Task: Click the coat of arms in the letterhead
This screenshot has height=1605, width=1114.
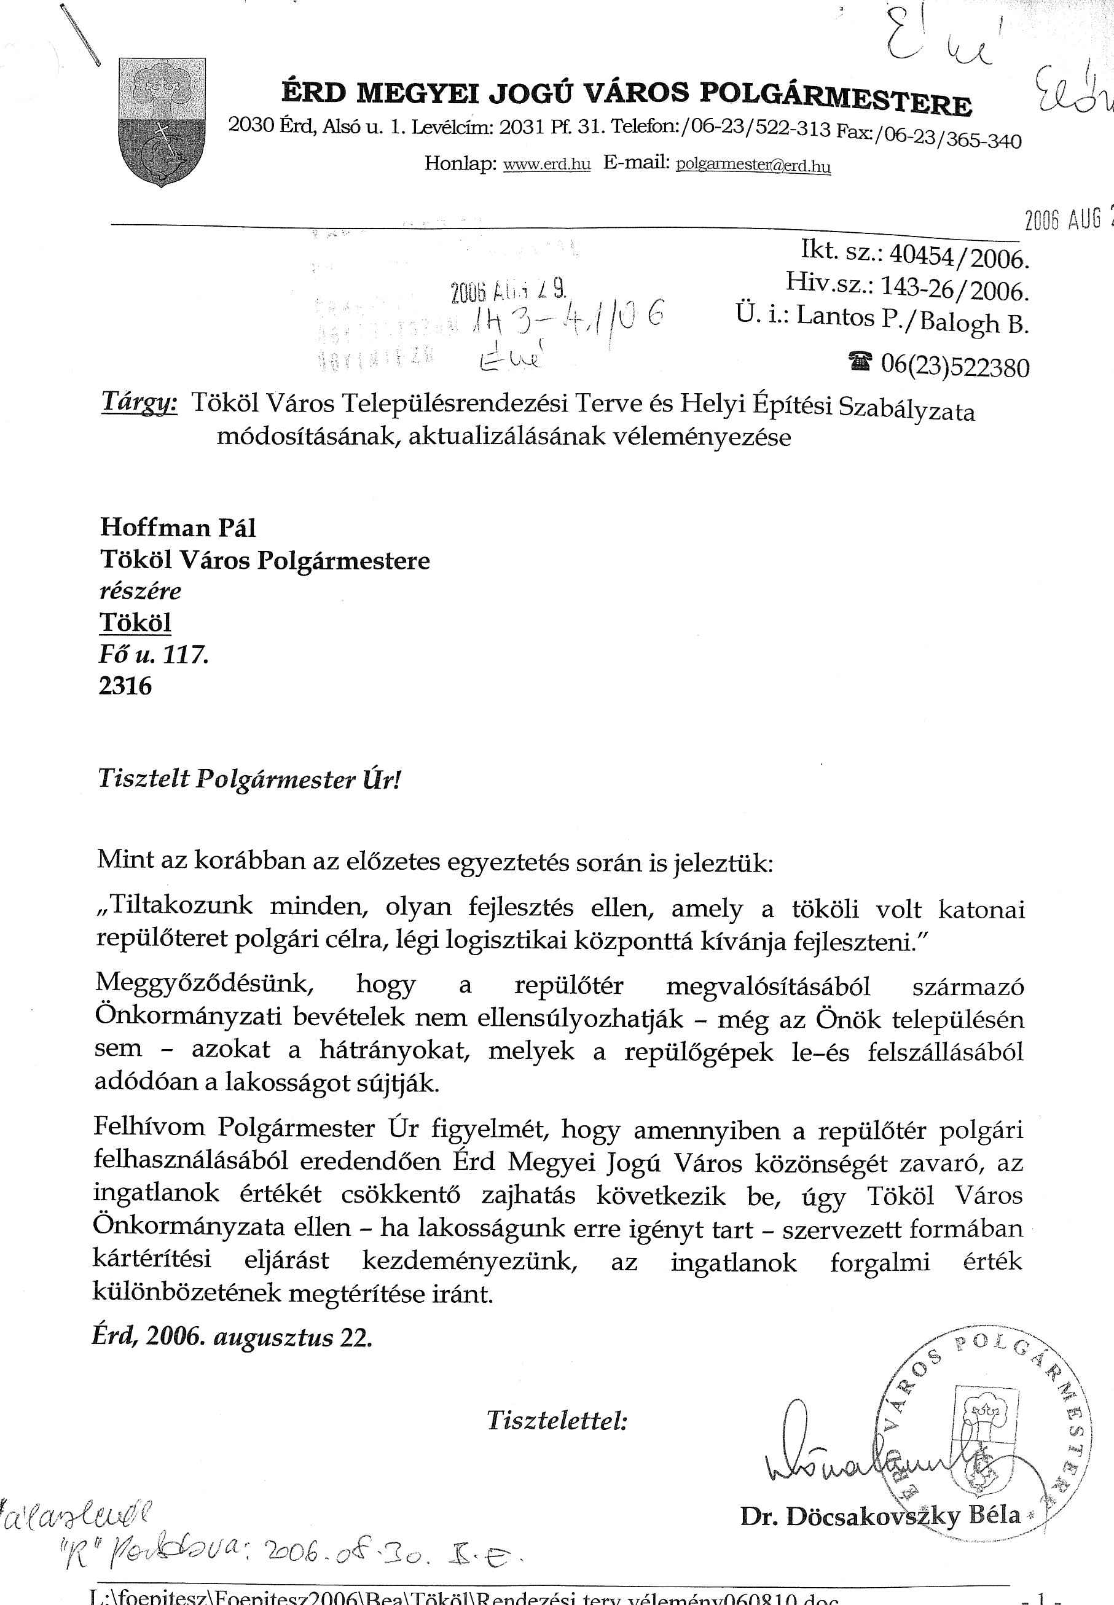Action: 163,122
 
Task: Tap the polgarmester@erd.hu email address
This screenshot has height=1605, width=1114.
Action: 753,166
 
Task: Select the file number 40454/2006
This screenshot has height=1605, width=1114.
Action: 960,257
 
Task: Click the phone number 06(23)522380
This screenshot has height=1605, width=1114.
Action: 954,365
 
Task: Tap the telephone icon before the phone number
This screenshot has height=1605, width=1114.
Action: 861,361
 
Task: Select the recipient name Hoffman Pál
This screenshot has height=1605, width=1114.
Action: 178,527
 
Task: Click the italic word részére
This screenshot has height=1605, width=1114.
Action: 140,591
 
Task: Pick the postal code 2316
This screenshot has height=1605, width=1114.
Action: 125,686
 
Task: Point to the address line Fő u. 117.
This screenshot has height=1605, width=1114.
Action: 154,655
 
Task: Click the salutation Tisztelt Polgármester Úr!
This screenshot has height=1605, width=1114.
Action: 250,779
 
